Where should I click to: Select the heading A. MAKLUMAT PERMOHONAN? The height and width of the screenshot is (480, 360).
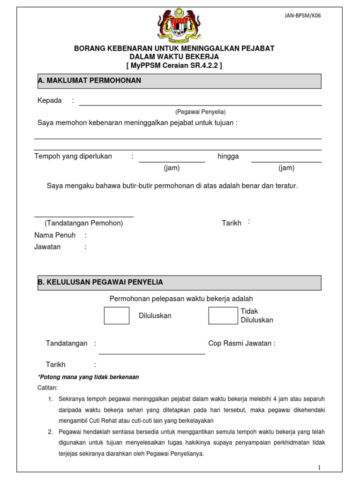(x=90, y=81)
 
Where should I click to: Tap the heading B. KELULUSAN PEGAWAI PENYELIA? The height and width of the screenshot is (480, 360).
(x=100, y=282)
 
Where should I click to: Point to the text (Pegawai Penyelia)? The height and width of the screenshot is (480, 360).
(x=200, y=112)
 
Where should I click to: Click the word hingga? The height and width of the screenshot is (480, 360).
(x=228, y=157)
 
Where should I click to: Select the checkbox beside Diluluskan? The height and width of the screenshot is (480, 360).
(x=116, y=315)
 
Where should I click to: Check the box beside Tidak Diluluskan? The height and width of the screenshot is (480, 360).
(x=223, y=315)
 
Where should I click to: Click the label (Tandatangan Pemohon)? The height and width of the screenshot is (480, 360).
(x=84, y=223)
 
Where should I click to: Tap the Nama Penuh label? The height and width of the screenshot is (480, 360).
(x=55, y=235)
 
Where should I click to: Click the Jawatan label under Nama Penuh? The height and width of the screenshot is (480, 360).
(x=47, y=247)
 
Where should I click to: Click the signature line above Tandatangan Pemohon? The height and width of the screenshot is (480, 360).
(x=84, y=217)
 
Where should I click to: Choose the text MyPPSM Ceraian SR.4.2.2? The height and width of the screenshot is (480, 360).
(x=174, y=65)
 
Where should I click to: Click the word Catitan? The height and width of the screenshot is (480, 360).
(x=47, y=388)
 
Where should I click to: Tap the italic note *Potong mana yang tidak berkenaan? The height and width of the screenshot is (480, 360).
(x=88, y=377)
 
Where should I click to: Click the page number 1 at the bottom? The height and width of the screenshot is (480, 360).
(x=319, y=467)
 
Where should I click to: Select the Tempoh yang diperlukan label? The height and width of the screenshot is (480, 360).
(x=73, y=157)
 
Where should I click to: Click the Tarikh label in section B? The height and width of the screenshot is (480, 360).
(x=55, y=365)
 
